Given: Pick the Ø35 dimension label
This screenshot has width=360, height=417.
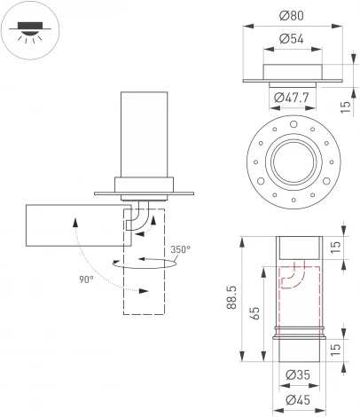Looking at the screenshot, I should [298, 376].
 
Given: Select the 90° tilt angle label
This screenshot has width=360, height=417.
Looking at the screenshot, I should [85, 279].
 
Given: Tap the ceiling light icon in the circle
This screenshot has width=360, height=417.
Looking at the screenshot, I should [29, 29].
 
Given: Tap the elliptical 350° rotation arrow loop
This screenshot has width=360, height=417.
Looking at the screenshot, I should [142, 263].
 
